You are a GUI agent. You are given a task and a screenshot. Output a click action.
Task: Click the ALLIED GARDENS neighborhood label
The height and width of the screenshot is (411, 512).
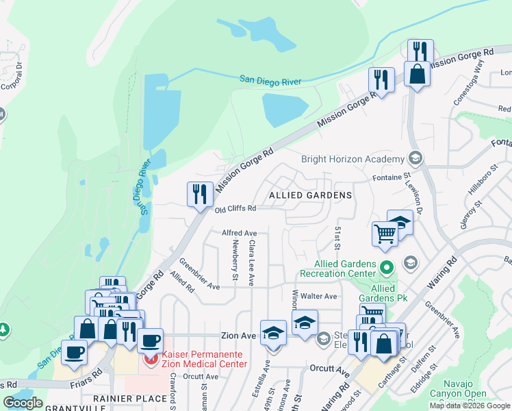tap(310, 195)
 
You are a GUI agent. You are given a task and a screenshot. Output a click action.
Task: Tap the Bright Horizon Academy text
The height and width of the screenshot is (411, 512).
tap(353, 160)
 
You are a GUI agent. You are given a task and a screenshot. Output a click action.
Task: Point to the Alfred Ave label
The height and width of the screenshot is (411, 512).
tap(239, 233)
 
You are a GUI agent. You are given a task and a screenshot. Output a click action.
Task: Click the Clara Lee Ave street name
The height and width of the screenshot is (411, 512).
tap(252, 262)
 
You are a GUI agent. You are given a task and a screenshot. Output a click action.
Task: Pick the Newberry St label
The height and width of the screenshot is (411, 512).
tap(234, 260)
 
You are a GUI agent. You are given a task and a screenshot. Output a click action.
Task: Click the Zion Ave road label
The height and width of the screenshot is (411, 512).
tap(238, 336)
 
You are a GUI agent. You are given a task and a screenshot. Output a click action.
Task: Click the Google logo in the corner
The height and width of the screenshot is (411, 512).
tap(22, 403)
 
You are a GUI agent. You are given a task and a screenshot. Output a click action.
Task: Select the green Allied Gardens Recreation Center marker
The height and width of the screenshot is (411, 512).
tap(386, 266)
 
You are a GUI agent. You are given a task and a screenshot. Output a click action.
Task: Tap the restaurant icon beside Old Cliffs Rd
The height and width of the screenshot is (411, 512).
tap(199, 193)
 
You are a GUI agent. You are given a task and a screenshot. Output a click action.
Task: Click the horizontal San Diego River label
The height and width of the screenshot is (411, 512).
tap(270, 81)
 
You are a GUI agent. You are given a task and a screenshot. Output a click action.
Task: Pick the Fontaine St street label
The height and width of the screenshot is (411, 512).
tap(396, 177)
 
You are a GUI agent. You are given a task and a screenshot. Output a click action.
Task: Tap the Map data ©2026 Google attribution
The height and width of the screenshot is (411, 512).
tap(470, 406)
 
